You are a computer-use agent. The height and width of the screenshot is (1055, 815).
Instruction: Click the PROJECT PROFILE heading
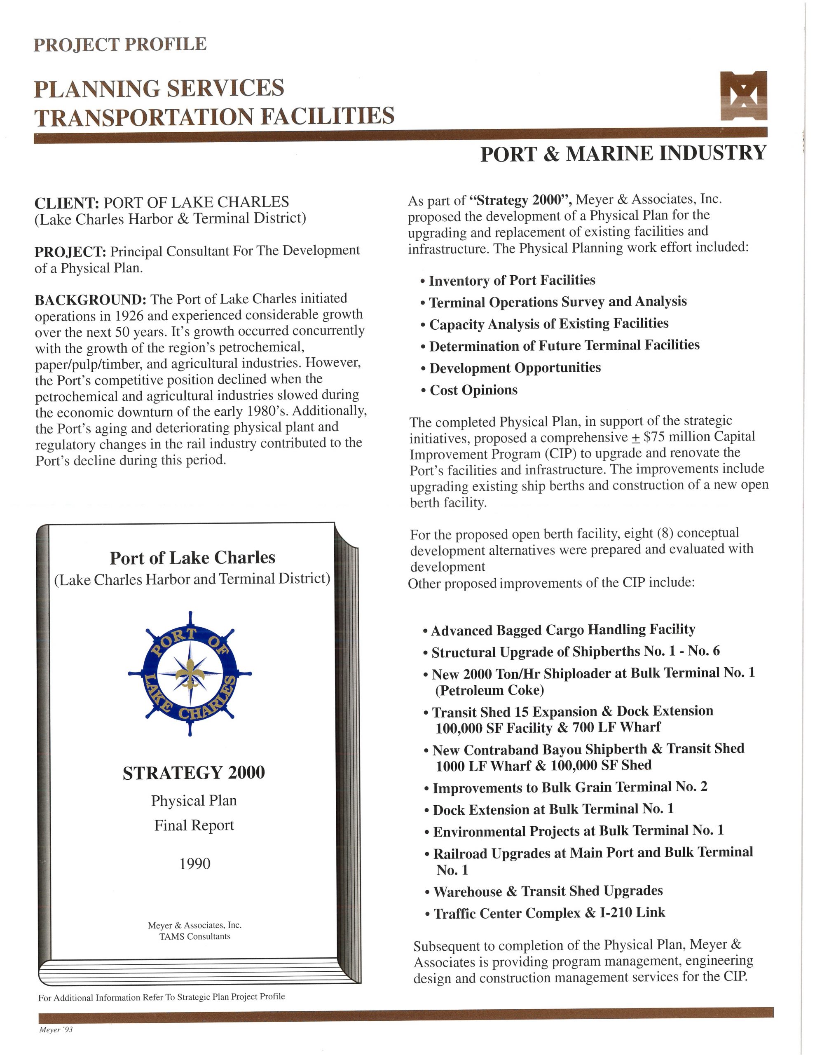pos(120,45)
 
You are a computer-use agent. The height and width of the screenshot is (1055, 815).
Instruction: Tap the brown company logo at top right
pos(743,96)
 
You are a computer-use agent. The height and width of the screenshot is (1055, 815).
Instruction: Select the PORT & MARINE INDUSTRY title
pos(623,154)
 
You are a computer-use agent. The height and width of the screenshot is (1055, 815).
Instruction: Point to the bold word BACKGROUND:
pos(90,300)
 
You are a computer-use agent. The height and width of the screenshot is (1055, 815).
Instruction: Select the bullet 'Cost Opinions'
pos(473,390)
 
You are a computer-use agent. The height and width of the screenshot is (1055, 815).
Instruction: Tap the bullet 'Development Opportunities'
pos(515,368)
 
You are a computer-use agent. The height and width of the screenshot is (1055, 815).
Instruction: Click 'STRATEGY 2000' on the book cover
pos(194,772)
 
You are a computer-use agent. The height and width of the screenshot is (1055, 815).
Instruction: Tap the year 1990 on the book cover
pos(195,863)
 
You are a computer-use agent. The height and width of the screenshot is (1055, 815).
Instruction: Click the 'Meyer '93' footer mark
pos(56,1029)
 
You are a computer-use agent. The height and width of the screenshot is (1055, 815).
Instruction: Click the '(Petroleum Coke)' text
pos(489,690)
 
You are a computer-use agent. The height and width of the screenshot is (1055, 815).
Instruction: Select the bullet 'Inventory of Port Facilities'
pos(512,281)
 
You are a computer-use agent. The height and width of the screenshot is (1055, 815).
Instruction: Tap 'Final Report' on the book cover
pos(194,825)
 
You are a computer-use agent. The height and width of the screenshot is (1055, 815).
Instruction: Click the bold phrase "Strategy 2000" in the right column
pos(521,200)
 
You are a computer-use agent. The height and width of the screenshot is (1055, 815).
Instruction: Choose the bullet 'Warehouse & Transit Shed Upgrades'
pos(548,891)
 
